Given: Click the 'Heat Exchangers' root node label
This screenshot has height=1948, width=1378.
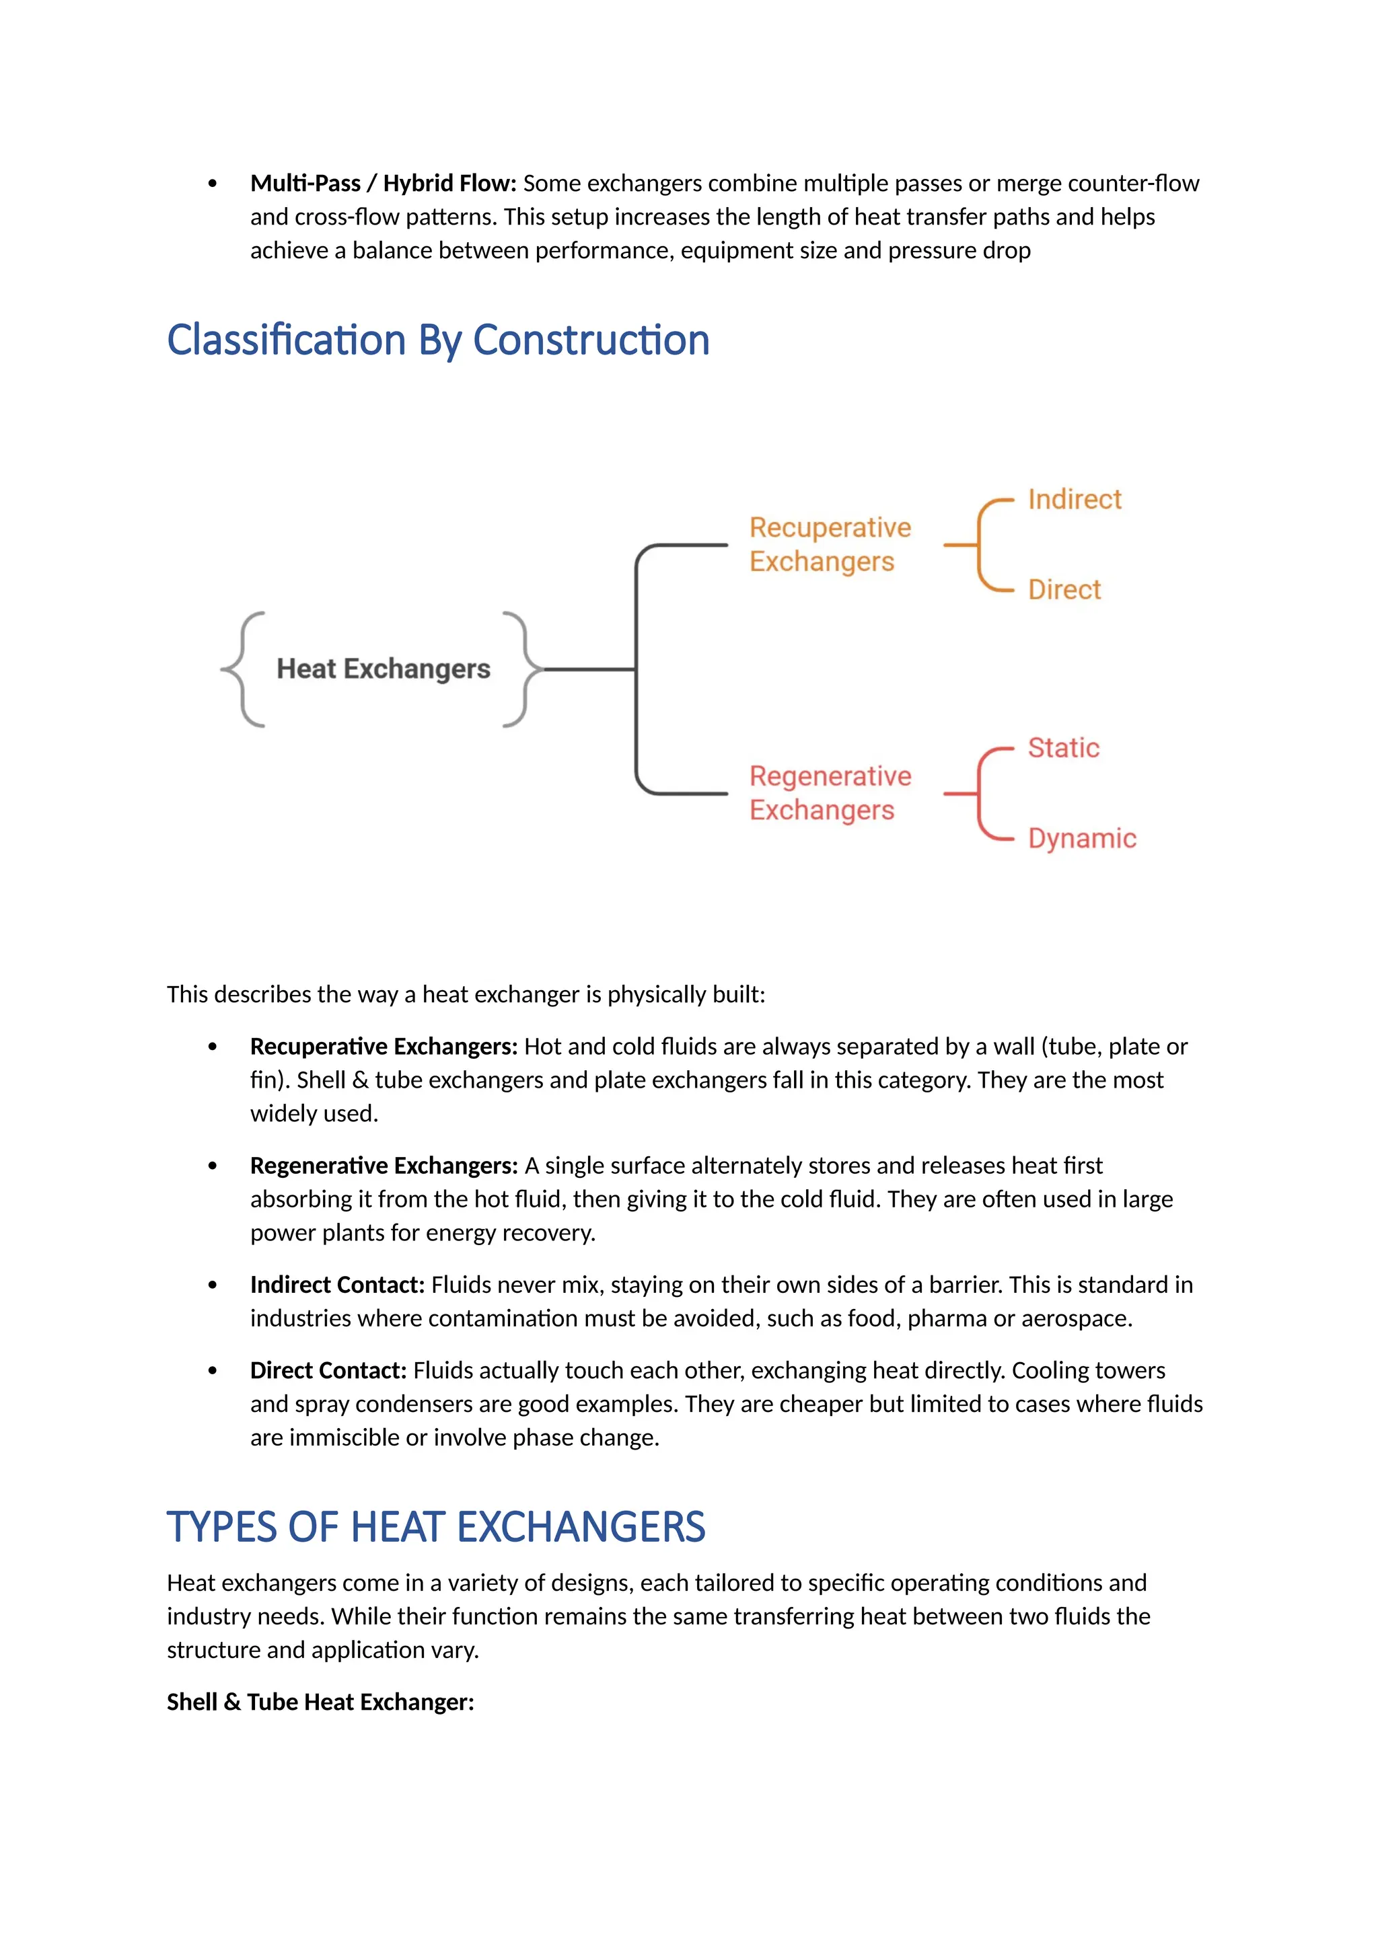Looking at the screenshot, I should [x=384, y=669].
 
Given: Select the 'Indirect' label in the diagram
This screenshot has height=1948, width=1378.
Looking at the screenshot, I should [x=1075, y=499].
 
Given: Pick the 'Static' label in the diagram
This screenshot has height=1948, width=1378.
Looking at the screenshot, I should [x=1063, y=747].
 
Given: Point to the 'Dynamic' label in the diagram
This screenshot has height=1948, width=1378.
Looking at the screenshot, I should [x=1082, y=838].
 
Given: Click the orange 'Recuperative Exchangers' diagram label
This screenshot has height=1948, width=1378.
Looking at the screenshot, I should [x=829, y=544].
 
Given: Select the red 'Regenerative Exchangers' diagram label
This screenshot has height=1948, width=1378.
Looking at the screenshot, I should [x=829, y=792].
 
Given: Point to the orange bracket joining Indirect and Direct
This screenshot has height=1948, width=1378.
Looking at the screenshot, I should [x=979, y=545].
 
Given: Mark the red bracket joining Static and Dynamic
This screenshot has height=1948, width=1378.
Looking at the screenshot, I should [x=979, y=793].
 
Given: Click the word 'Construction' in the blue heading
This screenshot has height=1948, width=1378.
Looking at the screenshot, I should [x=591, y=340].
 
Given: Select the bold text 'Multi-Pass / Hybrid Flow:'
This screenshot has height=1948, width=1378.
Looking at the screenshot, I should [x=383, y=183].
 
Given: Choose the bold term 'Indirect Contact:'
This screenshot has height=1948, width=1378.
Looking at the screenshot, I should [x=337, y=1285].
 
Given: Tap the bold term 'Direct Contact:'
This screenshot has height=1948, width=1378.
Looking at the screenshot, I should [x=328, y=1370].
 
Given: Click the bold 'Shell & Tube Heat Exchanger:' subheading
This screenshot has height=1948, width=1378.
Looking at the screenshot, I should [x=320, y=1702].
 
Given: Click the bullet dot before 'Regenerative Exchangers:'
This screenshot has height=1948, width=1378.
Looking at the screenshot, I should [x=212, y=1166].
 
